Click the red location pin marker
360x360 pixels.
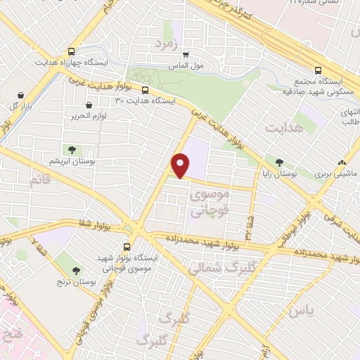point(181,166)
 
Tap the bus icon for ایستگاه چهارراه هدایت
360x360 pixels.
point(71,51)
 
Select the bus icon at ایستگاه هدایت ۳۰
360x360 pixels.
point(145,90)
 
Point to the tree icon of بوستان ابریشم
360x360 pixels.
point(71,149)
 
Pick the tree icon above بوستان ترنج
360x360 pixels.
point(76,270)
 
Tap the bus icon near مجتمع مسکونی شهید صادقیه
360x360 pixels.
point(318,70)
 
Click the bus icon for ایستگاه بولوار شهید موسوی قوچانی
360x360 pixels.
point(127,247)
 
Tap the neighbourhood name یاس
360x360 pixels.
point(299,309)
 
